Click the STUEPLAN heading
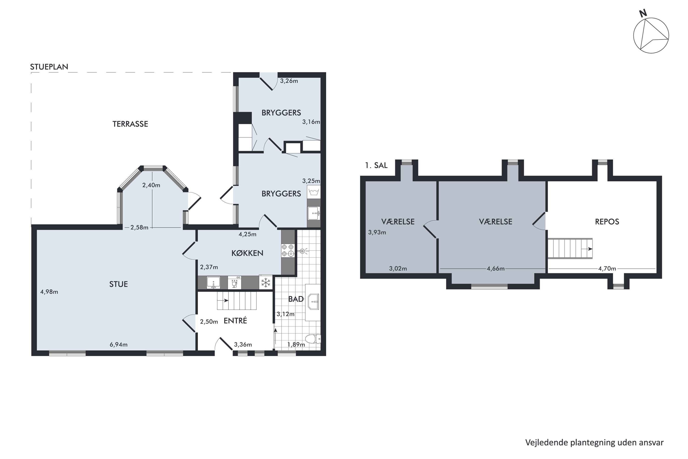[49, 67]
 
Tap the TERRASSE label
[130, 124]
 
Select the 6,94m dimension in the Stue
[119, 344]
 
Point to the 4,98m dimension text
[49, 292]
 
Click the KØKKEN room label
[247, 253]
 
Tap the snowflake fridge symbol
[266, 283]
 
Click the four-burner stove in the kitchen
[288, 250]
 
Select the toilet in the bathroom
[313, 339]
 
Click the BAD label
[296, 299]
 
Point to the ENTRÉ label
[235, 321]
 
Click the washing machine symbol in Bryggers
[313, 192]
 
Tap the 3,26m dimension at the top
[289, 81]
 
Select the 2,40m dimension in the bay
[151, 185]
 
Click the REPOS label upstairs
[607, 222]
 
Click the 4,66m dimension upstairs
[496, 269]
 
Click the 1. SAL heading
[376, 165]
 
